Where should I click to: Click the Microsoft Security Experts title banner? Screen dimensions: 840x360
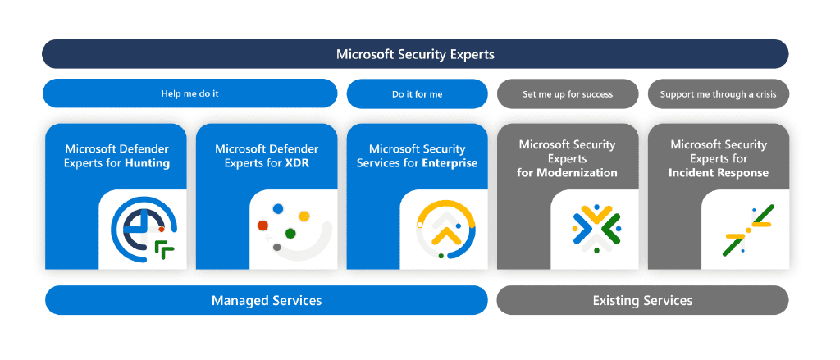pyautogui.click(x=415, y=54)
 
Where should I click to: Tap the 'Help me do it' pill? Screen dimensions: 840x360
pyautogui.click(x=190, y=93)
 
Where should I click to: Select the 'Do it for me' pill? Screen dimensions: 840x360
pyautogui.click(x=418, y=94)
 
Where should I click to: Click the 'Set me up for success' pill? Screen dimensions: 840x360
pyautogui.click(x=568, y=94)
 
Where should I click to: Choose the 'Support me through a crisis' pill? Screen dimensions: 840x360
pyautogui.click(x=719, y=94)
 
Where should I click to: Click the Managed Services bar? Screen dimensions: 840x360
pyautogui.click(x=267, y=300)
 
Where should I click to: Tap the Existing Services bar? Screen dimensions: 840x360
pyautogui.click(x=643, y=300)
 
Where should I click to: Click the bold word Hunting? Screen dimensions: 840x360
pyautogui.click(x=148, y=163)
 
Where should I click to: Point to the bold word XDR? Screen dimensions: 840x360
pyautogui.click(x=297, y=163)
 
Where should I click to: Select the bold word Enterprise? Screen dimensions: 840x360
pyautogui.click(x=450, y=163)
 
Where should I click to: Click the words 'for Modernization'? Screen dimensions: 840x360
pyautogui.click(x=568, y=172)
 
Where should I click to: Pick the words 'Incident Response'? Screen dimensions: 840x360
pyautogui.click(x=719, y=172)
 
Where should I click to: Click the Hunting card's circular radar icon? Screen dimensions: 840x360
pyautogui.click(x=144, y=230)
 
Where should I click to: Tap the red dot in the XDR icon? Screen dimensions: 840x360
pyautogui.click(x=262, y=226)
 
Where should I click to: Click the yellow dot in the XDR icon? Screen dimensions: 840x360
pyautogui.click(x=304, y=216)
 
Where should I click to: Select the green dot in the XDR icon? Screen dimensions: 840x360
pyautogui.click(x=290, y=233)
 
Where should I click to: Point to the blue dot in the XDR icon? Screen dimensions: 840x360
pyautogui.click(x=278, y=208)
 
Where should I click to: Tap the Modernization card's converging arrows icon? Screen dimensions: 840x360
pyautogui.click(x=596, y=229)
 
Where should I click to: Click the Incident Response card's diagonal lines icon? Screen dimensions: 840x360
pyautogui.click(x=747, y=230)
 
